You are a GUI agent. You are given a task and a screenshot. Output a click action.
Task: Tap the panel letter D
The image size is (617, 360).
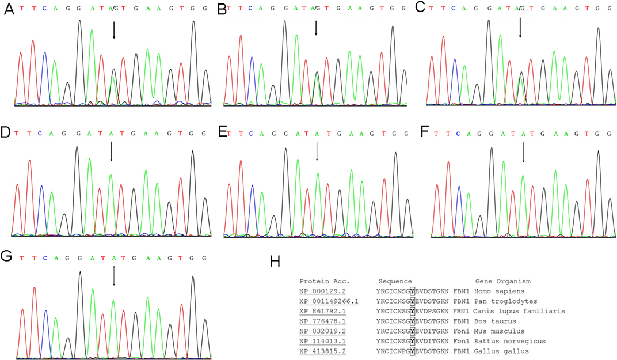[x=6, y=133]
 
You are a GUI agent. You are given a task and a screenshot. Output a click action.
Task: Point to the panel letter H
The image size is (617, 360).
[x=275, y=263]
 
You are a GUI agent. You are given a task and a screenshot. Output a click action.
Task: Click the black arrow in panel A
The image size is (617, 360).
[x=114, y=31]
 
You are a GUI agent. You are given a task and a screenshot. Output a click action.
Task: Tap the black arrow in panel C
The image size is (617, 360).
[x=520, y=28]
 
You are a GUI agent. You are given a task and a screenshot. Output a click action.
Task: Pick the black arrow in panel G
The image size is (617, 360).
[x=114, y=275]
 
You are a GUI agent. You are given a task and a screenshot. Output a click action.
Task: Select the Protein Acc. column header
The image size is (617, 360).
[x=323, y=281]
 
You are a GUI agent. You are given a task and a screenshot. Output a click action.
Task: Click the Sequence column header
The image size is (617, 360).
[x=395, y=281]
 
